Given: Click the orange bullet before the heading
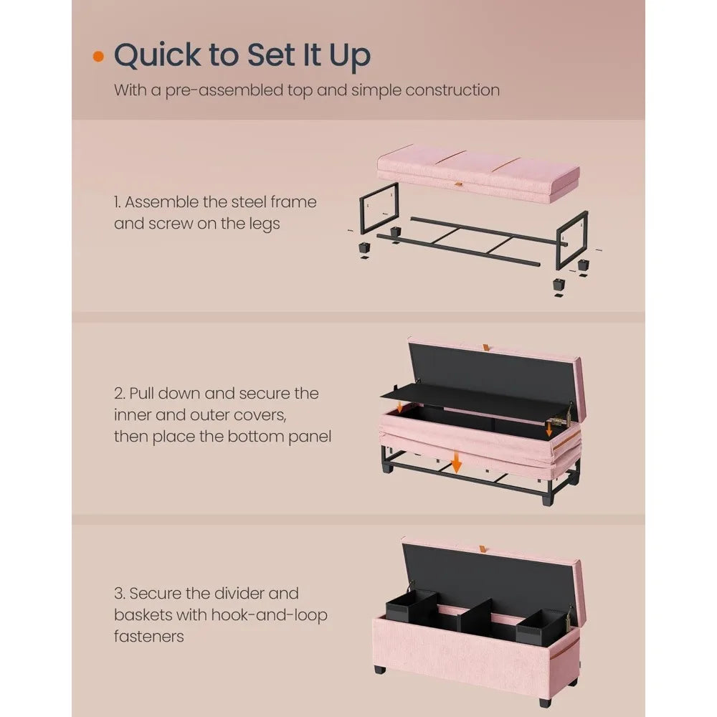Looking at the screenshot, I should click(98, 57).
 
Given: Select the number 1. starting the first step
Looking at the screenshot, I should click(119, 202).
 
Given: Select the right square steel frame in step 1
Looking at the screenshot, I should click(571, 239).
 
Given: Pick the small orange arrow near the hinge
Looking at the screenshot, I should click(549, 429).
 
